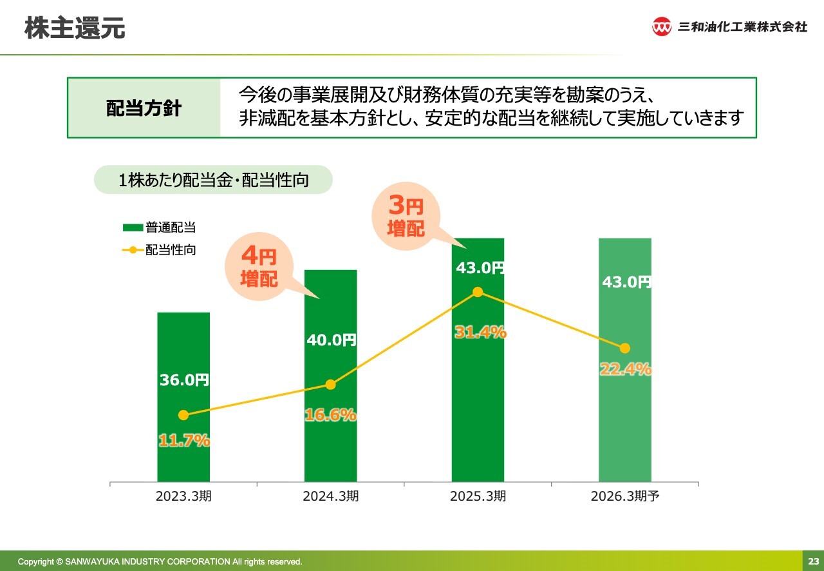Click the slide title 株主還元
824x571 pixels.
(75, 28)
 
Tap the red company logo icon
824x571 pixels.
(661, 26)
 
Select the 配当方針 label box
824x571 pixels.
(144, 108)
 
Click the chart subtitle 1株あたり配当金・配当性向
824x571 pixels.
(213, 180)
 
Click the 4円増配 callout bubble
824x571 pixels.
(259, 268)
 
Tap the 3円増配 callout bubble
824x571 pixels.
(406, 217)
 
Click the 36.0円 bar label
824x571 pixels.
(184, 380)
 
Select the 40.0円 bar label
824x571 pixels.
(331, 340)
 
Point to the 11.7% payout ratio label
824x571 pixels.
(184, 441)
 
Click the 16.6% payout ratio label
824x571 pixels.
(330, 415)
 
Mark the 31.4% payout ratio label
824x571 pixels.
(480, 333)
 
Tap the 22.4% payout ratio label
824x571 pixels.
(625, 369)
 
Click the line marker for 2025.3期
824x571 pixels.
(478, 292)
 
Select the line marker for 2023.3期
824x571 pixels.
(183, 415)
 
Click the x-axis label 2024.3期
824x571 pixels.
(331, 497)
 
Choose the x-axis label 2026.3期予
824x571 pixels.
(625, 497)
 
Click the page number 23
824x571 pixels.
(813, 561)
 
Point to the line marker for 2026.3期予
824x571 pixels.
(624, 348)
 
